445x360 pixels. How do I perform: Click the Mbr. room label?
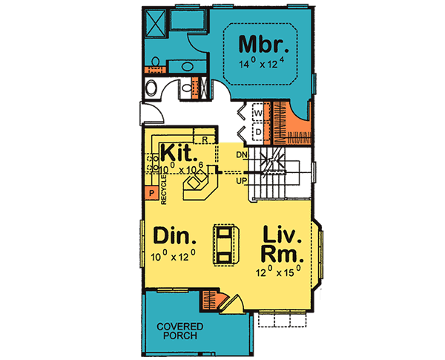(x=264, y=45)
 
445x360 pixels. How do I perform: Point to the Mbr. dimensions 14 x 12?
(x=265, y=65)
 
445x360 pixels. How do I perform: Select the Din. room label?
(x=175, y=237)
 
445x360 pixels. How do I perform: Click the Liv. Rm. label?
(x=283, y=245)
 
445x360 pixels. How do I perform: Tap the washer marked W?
(x=258, y=113)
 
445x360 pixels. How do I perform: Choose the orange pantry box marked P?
(x=150, y=194)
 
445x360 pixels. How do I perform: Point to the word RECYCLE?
(x=163, y=189)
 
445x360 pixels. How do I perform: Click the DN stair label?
(x=241, y=154)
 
